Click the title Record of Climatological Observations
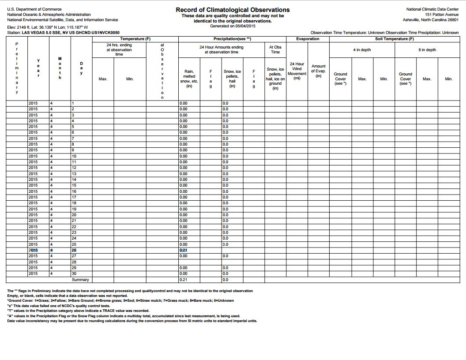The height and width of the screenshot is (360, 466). point(233,10)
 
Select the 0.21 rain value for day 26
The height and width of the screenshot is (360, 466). point(184,250)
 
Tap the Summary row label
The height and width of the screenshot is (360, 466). point(80,280)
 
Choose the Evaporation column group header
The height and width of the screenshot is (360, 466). point(308,39)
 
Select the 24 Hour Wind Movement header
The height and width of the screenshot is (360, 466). point(297,71)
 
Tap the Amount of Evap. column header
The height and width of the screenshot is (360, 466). point(318,71)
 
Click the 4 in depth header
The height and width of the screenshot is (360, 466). point(362,50)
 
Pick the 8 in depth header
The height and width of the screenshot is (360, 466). point(427,50)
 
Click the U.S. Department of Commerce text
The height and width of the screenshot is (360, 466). point(34,9)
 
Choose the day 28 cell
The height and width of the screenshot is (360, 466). point(74,262)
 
